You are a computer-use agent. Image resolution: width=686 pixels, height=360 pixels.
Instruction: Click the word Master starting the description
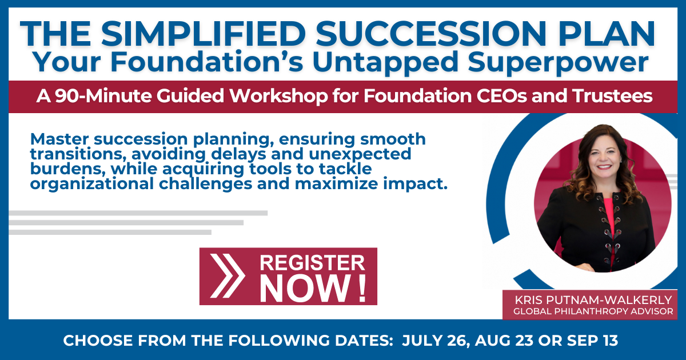pyautogui.click(x=61, y=139)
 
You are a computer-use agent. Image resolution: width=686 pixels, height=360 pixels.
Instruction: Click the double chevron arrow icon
pyautogui.click(x=227, y=276)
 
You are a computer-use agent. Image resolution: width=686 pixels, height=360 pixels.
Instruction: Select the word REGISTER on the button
pyautogui.click(x=312, y=263)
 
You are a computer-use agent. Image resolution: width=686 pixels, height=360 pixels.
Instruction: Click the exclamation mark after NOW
pyautogui.click(x=362, y=289)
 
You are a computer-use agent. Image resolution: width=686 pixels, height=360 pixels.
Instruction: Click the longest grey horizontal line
pyautogui.click(x=138, y=213)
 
